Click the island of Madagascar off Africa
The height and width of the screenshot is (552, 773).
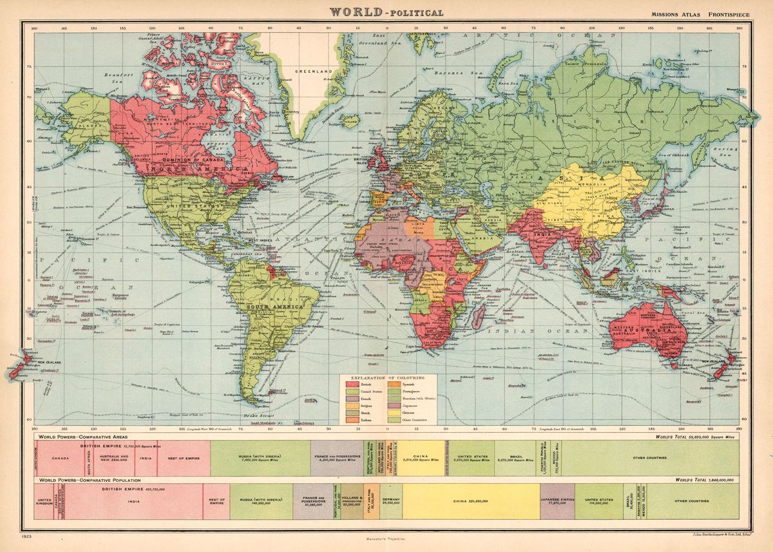coord(478,316)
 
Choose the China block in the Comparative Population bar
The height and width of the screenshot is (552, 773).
coord(470,500)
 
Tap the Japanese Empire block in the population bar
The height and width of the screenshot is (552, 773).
coord(557,500)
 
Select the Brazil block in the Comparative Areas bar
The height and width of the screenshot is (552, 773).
coord(515,458)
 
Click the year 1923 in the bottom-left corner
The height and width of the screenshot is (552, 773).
coord(26,535)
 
